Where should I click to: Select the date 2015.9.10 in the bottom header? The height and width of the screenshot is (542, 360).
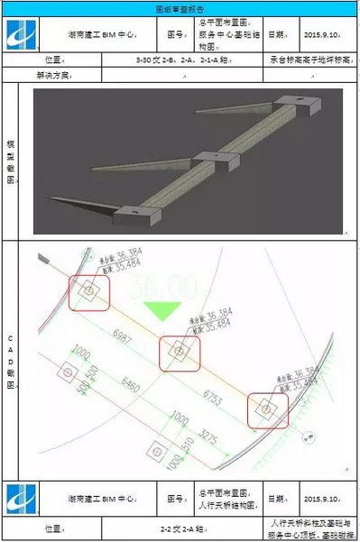point(322,497)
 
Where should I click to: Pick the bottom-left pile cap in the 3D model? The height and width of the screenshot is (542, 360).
point(137,213)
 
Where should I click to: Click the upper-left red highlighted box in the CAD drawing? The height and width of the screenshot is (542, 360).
point(89,290)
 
